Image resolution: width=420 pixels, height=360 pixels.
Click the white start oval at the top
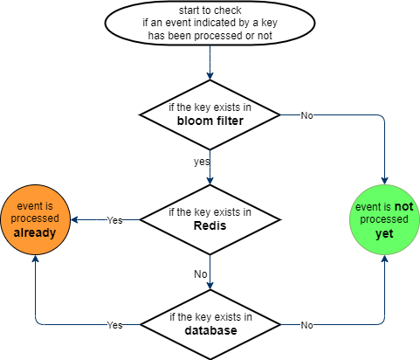(210, 23)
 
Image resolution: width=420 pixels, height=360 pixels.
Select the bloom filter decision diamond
(210, 114)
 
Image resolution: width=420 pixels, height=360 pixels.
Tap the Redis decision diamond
(210, 219)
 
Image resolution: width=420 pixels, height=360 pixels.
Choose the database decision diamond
(210, 323)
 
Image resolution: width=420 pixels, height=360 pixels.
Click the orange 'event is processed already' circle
(34, 219)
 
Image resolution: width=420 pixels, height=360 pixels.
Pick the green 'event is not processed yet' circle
(385, 221)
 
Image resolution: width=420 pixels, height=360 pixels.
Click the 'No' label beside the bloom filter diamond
(306, 115)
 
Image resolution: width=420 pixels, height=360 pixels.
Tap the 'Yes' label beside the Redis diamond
(114, 220)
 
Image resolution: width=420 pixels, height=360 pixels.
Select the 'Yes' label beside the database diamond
(114, 324)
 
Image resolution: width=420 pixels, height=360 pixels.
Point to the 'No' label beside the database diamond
(306, 324)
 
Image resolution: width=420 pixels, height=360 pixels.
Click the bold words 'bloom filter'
(210, 121)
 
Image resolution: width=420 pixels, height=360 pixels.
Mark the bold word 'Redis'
(210, 226)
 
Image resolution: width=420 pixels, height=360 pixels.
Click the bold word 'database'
(210, 330)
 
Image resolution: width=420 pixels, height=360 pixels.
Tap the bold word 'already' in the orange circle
(34, 233)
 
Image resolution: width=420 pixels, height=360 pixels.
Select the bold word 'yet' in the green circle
(385, 235)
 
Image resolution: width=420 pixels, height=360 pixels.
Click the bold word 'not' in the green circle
(403, 207)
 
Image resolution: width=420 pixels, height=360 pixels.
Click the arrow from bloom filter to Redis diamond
(210, 166)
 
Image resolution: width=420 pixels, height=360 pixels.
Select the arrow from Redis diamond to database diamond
(210, 271)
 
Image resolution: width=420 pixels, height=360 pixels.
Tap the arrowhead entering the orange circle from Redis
(74, 219)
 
